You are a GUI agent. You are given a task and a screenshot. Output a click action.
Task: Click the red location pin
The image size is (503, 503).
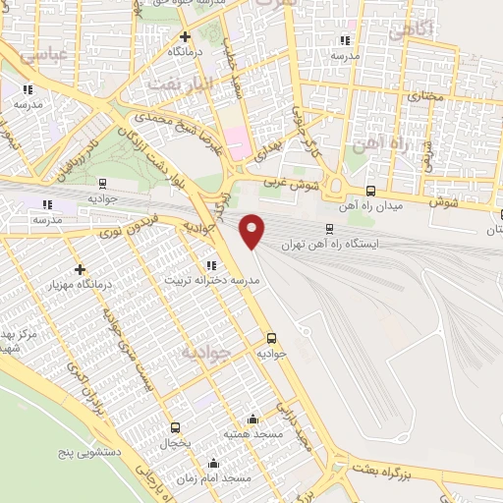coord(253,231)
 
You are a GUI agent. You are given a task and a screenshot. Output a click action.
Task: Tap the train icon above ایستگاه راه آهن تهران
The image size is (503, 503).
coord(330,228)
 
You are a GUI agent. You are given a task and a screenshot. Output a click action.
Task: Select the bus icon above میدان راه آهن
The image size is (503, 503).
coord(370,192)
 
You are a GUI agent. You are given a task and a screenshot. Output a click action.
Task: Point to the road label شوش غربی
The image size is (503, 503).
coord(291,182)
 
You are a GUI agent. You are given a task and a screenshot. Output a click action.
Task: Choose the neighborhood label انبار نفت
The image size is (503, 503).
coord(180,85)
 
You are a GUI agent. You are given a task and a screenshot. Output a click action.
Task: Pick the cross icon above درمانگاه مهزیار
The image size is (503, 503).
coord(80,269)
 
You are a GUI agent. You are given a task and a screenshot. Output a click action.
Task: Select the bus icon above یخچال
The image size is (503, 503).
coord(175,427)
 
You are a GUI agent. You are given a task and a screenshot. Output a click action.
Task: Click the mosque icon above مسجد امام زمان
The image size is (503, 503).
coord(213,463)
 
